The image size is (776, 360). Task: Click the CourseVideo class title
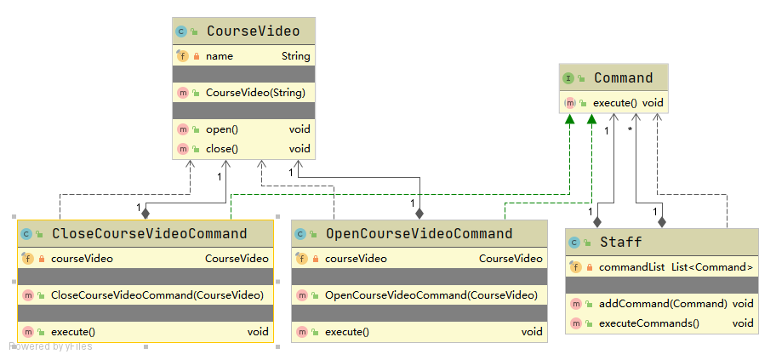pyautogui.click(x=253, y=31)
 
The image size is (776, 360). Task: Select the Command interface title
pyautogui.click(x=623, y=78)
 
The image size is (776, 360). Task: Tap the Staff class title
pyautogui.click(x=620, y=243)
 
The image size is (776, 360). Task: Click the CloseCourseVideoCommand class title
pyautogui.click(x=149, y=234)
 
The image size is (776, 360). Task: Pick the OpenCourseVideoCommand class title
pyautogui.click(x=419, y=234)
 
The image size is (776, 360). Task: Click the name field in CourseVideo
pyautogui.click(x=219, y=55)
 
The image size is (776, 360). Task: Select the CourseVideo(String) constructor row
pyautogui.click(x=254, y=93)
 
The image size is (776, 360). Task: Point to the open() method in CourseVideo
pyautogui.click(x=221, y=129)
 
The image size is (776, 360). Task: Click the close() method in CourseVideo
pyautogui.click(x=221, y=149)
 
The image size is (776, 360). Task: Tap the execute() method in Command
pyautogui.click(x=614, y=103)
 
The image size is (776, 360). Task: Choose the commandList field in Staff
pyautogui.click(x=631, y=267)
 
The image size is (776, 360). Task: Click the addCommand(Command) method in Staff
pyautogui.click(x=663, y=303)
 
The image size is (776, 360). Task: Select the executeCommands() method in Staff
pyautogui.click(x=648, y=323)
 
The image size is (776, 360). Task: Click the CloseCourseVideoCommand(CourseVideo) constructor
pyautogui.click(x=157, y=295)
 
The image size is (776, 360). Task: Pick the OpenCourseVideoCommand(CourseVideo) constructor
pyautogui.click(x=431, y=295)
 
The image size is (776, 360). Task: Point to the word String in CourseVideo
pyautogui.click(x=296, y=55)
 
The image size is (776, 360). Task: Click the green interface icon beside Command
pyautogui.click(x=568, y=78)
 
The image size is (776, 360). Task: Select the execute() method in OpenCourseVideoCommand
pyautogui.click(x=347, y=332)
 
